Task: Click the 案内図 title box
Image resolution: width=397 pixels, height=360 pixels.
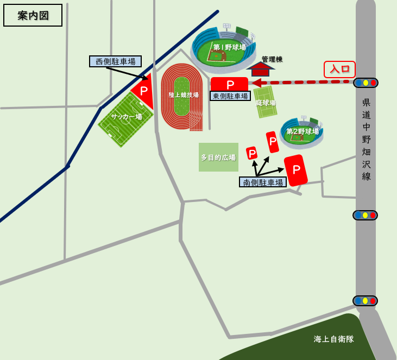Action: (x=33, y=15)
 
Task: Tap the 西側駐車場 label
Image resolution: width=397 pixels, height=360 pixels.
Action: (x=115, y=61)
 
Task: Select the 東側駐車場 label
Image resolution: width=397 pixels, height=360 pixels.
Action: (x=230, y=96)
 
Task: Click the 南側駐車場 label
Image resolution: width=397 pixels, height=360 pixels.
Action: (x=263, y=182)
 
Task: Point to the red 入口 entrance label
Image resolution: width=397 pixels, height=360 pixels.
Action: (x=339, y=69)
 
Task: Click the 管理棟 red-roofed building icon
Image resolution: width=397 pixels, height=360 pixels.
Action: (x=261, y=70)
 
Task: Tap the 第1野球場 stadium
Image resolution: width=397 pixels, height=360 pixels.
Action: (x=224, y=48)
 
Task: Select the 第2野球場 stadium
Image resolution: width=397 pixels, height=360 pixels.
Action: (x=301, y=132)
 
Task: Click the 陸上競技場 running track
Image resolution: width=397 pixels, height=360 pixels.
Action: (x=182, y=96)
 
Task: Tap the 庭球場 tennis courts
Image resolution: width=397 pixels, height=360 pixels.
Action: (x=266, y=102)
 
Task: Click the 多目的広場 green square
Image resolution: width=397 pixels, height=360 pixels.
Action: (x=218, y=157)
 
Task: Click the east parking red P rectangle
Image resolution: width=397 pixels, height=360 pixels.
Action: (x=230, y=84)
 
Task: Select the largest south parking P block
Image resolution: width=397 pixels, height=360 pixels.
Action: (x=296, y=170)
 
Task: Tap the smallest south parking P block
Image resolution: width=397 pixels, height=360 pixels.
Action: (x=252, y=154)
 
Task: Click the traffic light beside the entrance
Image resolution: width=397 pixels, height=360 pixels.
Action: (x=366, y=83)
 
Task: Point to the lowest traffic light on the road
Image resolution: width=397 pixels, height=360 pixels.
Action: (x=365, y=301)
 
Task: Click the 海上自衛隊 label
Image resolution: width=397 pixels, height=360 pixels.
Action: (x=333, y=339)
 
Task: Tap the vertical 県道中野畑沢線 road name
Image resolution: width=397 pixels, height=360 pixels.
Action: (x=367, y=139)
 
